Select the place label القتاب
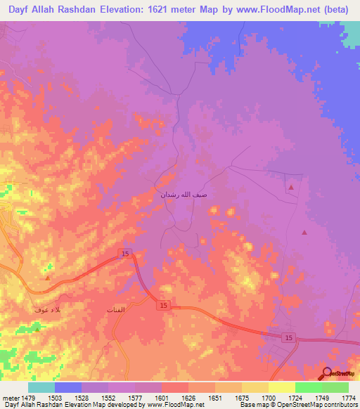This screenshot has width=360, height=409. pos(115,310)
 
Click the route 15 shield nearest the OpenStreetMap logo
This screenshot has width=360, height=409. pos(288,339)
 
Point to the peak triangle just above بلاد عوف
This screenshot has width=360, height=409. pos(46,278)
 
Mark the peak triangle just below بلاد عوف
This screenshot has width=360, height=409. pos(37,328)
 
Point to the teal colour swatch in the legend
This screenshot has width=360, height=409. pos(41,388)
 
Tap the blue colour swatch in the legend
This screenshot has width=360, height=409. pos(67,388)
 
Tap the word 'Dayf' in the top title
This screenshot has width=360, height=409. pos(22,9)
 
